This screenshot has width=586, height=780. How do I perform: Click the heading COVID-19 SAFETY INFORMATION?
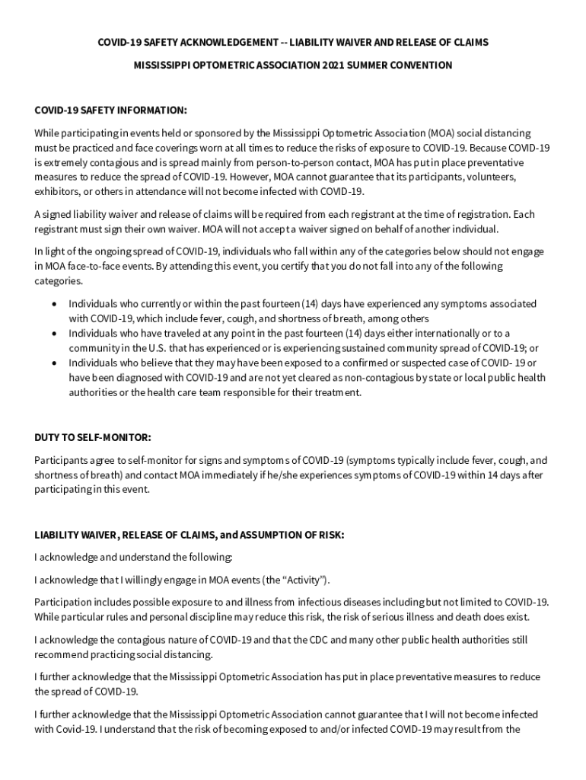coord(110,110)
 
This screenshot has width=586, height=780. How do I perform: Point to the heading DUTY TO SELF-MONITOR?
coord(93,438)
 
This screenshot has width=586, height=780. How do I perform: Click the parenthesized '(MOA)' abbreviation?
coord(441,133)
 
